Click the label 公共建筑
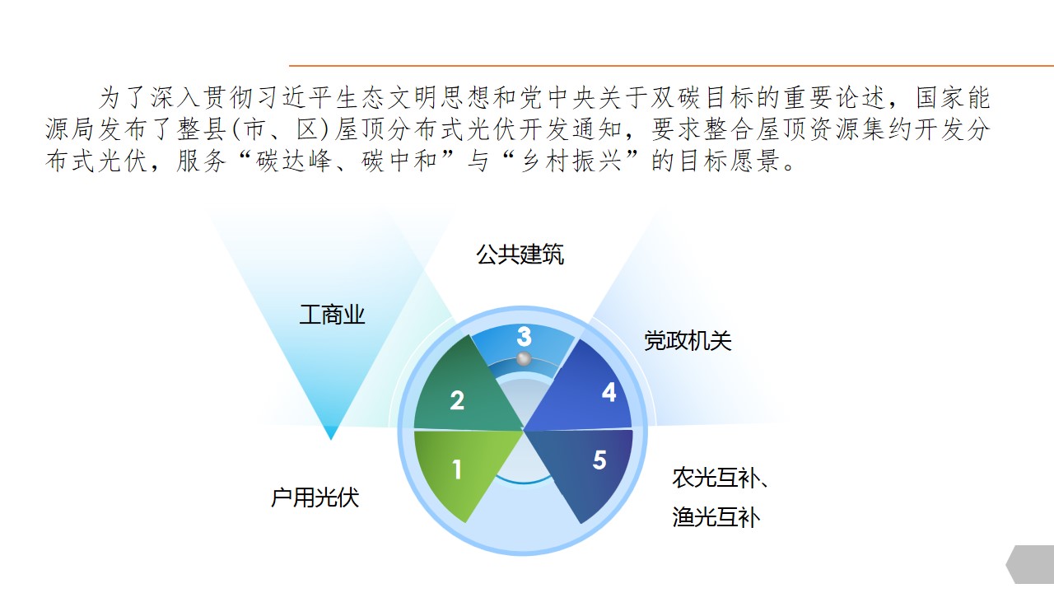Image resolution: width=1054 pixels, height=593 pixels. tap(520, 254)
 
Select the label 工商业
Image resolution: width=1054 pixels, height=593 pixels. tap(332, 315)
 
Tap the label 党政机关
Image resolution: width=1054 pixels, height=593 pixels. tap(688, 341)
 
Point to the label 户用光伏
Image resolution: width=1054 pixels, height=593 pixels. tap(315, 497)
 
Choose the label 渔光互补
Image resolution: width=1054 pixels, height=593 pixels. tap(716, 517)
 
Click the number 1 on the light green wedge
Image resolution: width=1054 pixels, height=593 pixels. tap(456, 469)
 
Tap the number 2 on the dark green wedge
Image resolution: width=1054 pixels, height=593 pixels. tap(457, 400)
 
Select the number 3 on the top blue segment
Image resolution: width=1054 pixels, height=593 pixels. tap(524, 337)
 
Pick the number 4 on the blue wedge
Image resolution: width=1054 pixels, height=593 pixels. tap(609, 391)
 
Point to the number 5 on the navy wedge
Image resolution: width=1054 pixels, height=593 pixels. tap(599, 460)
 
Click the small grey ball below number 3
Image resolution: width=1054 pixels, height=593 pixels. tap(524, 359)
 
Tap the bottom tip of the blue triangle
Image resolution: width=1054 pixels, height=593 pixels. tap(331, 440)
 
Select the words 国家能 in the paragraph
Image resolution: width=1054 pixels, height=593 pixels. tap(954, 98)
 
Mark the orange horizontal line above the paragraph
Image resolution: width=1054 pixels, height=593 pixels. tap(671, 66)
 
